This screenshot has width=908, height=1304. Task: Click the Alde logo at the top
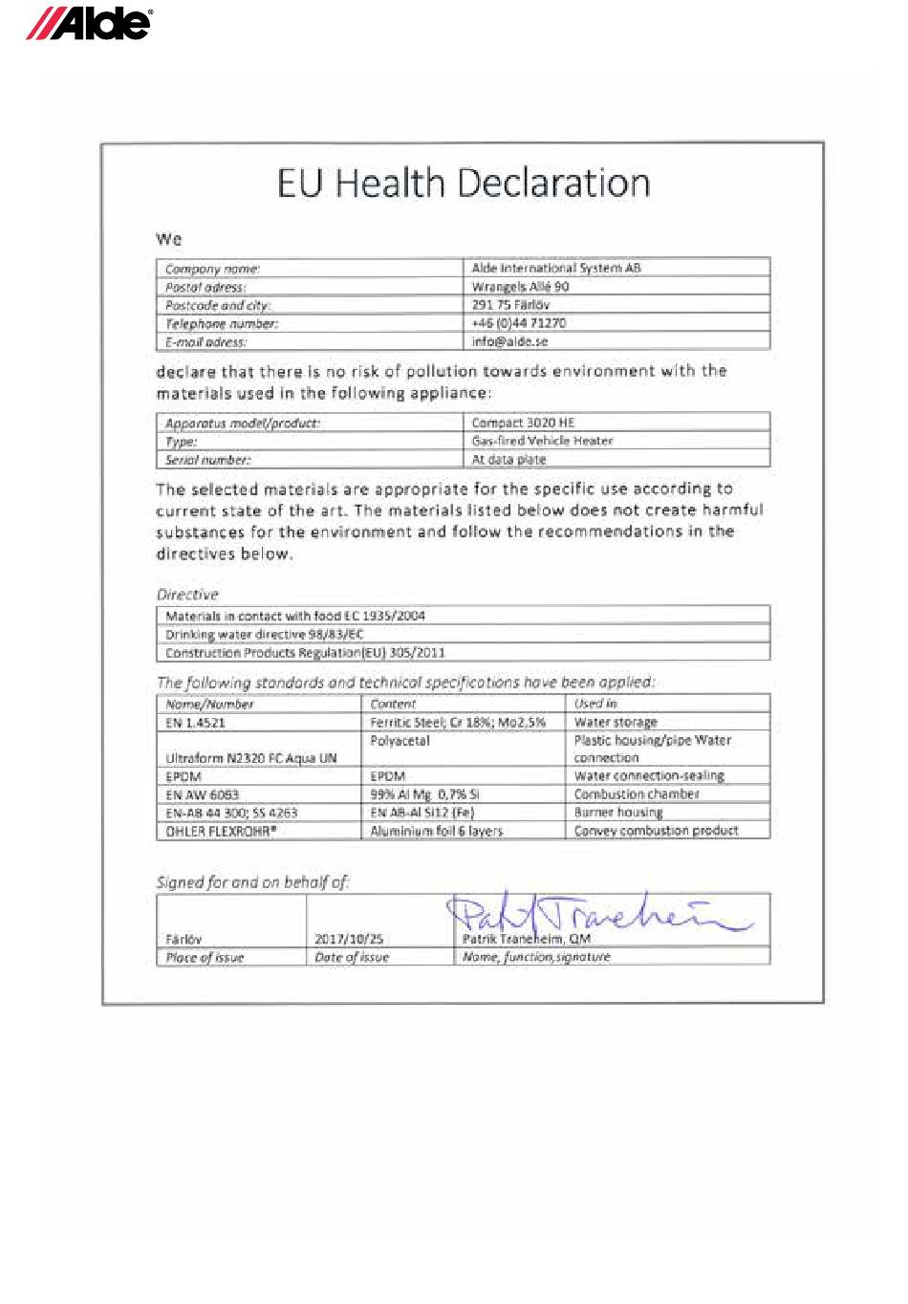coord(88,24)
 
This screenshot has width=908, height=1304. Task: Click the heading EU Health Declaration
coord(464,183)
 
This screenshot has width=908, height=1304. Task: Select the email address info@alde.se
coord(510,341)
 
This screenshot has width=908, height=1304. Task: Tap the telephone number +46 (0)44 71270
coord(519,323)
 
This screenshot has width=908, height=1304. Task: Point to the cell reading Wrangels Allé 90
coord(520,287)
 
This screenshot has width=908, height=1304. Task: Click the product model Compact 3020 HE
coord(524,423)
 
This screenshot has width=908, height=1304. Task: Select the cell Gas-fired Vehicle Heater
coord(542,441)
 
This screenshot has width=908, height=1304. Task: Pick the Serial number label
coord(207,460)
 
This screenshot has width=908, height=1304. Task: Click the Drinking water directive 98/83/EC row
coord(265,634)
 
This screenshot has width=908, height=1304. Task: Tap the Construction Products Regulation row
coord(305,653)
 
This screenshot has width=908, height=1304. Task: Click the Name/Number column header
coord(209,704)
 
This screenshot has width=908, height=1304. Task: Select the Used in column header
coord(595,704)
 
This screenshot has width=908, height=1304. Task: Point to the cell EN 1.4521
coord(195,723)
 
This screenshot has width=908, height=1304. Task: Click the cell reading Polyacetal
coord(400,741)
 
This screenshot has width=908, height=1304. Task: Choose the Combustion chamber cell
coord(637,794)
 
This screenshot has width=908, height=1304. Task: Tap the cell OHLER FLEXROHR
coord(221,831)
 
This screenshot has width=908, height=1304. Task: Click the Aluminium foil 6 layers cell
coord(437,831)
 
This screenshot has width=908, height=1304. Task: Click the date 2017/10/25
coord(349,939)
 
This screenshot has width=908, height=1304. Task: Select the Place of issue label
coord(205,957)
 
